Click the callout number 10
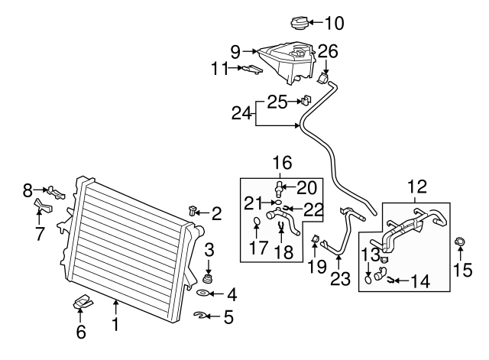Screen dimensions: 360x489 point(336,21)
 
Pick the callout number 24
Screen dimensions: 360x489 point(241,113)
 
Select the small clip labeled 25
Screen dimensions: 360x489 point(306,99)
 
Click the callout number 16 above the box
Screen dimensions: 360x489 point(281,162)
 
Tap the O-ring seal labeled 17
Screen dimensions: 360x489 point(257,223)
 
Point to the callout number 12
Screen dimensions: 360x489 point(417,186)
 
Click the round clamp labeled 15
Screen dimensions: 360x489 point(461,244)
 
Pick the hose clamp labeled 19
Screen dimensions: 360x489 point(315,242)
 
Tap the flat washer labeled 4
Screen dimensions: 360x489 point(204,293)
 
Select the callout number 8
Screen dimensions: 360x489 point(28,188)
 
